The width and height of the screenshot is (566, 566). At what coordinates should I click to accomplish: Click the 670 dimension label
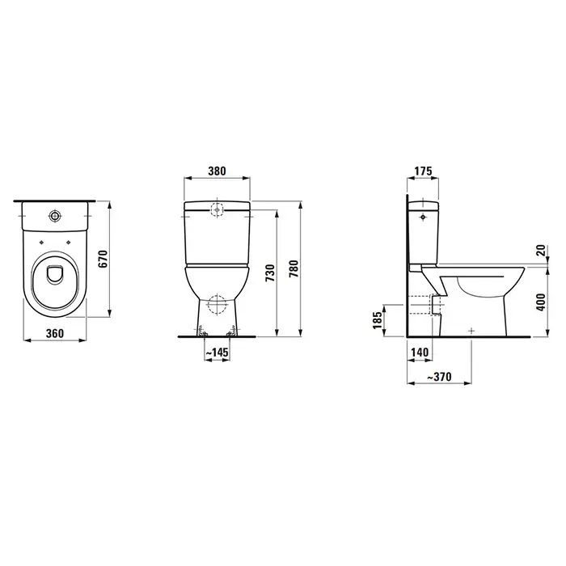(x=103, y=259)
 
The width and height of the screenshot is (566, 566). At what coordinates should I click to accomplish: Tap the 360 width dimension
(x=55, y=333)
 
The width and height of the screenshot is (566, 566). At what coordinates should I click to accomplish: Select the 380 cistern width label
(x=217, y=171)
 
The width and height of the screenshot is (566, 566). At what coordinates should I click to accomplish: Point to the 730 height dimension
(x=270, y=273)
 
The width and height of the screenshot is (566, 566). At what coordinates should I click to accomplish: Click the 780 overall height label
(x=294, y=268)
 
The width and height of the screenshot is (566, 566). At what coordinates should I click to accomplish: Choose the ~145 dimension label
(x=218, y=352)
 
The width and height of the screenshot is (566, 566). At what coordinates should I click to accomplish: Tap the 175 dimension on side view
(x=423, y=171)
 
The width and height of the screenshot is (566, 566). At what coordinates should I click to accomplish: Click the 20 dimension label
(x=541, y=250)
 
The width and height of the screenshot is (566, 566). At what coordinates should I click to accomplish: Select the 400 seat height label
(x=541, y=302)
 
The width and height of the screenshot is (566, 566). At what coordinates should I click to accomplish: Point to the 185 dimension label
(x=378, y=320)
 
